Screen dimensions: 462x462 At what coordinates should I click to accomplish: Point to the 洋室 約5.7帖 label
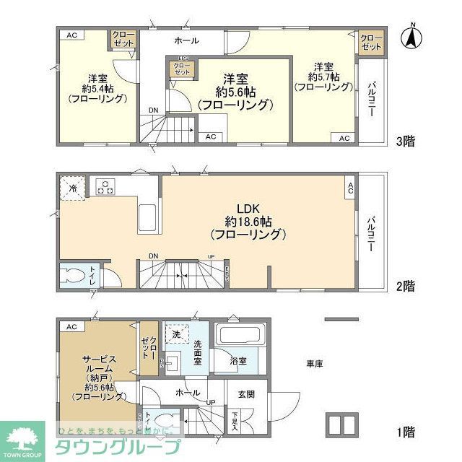pyautogui.click(x=323, y=75)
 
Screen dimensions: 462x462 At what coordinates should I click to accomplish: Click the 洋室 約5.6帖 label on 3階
pyautogui.click(x=235, y=90)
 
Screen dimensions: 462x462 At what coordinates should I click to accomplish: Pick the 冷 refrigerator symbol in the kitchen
pyautogui.click(x=72, y=188)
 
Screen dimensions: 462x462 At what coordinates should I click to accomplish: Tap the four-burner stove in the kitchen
pyautogui.click(x=105, y=187)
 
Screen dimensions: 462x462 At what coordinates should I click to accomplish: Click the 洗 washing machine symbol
pyautogui.click(x=175, y=334)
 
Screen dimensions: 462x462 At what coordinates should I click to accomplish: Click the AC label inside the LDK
pyautogui.click(x=350, y=188)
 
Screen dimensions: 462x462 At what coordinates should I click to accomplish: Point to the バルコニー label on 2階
pyautogui.click(x=370, y=232)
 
